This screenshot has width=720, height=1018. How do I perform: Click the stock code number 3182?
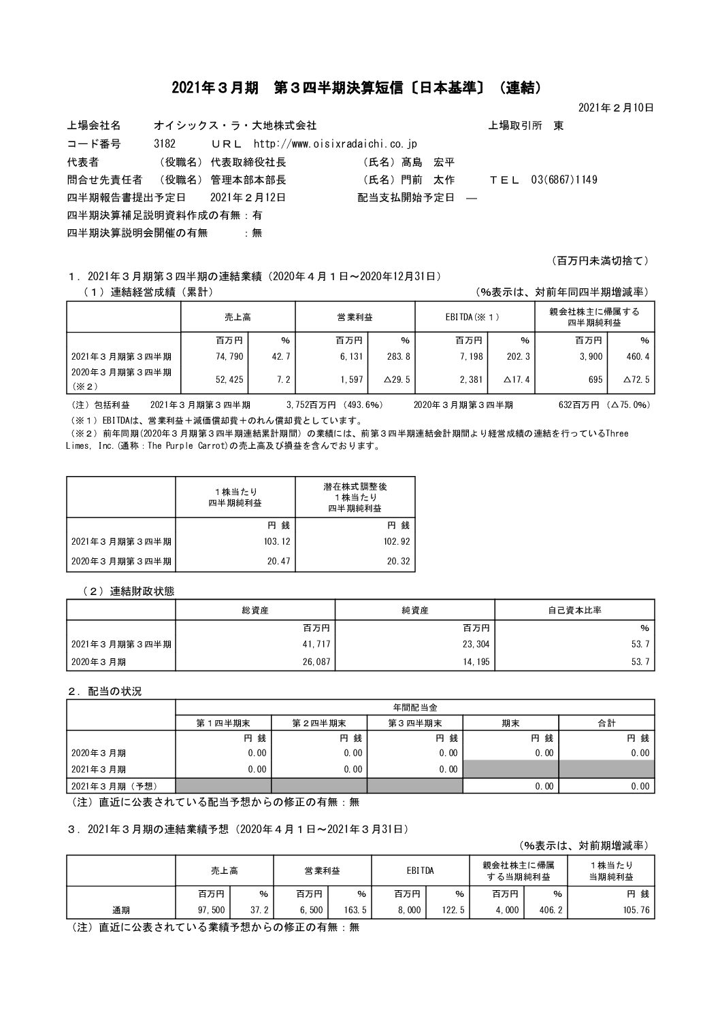click(x=165, y=144)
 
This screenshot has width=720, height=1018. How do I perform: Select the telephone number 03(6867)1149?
click(x=559, y=180)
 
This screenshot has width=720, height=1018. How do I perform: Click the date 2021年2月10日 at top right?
click(x=616, y=107)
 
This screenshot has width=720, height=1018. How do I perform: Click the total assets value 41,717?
click(x=316, y=644)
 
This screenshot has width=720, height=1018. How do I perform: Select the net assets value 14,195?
click(x=474, y=662)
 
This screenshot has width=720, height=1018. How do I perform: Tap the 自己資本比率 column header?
click(x=574, y=610)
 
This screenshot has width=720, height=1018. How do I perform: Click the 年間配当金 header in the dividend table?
click(x=415, y=707)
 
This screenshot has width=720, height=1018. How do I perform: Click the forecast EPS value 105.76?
click(x=636, y=910)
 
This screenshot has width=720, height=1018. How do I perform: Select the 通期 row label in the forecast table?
click(x=121, y=910)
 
